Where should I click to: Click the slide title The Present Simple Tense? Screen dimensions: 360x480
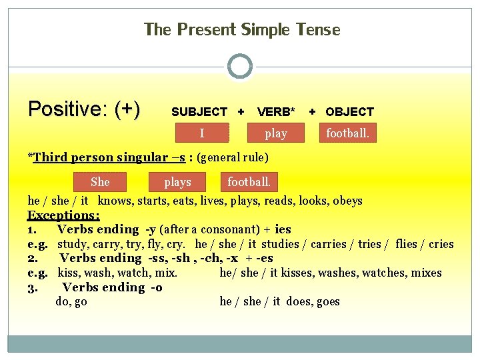click(242, 30)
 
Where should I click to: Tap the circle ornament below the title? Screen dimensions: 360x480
click(240, 67)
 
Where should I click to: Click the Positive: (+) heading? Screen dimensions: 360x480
click(84, 109)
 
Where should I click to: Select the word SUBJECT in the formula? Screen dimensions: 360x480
click(199, 112)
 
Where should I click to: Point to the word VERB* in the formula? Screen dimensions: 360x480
click(276, 112)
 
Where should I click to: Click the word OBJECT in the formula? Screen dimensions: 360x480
click(349, 112)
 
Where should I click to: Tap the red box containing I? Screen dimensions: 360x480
click(202, 133)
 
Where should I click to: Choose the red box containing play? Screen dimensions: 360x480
click(275, 133)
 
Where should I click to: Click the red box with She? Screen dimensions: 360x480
click(100, 181)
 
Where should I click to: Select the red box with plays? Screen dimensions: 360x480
click(177, 182)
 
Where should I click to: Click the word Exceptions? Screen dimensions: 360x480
click(63, 215)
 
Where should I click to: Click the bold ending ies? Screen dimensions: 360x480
click(282, 229)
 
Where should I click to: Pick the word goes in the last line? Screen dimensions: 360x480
click(328, 301)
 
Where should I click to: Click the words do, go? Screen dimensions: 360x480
click(71, 301)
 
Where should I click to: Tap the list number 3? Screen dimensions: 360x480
click(31, 287)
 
